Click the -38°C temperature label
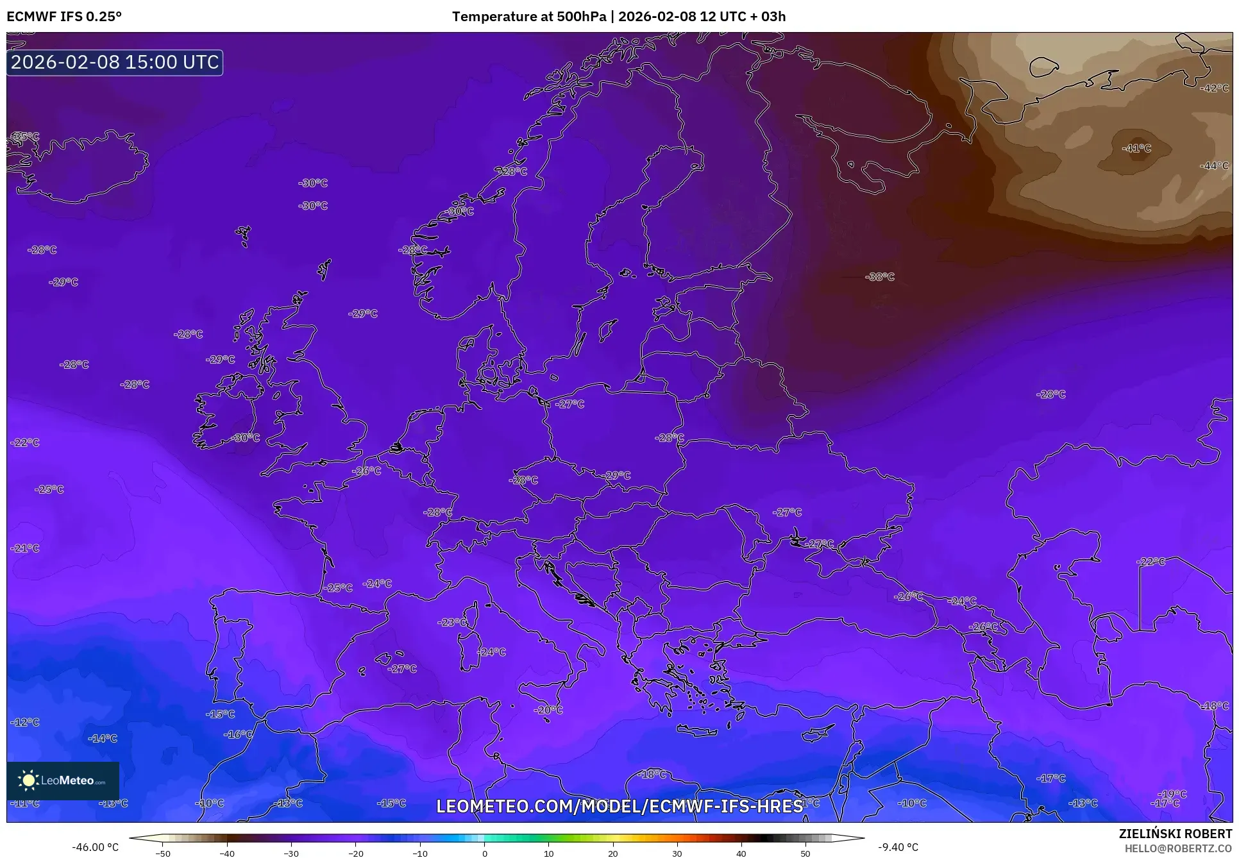(880, 277)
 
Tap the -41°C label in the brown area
(1136, 148)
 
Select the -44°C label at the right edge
(1215, 165)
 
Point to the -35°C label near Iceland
(24, 137)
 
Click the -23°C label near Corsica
(453, 622)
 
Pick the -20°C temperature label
(548, 710)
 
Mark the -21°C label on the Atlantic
(25, 548)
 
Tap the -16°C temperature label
(238, 734)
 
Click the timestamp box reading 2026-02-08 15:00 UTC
(115, 62)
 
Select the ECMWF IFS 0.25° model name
(64, 16)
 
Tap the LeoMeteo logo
(63, 780)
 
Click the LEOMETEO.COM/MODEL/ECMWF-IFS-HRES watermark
(619, 806)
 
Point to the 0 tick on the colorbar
(484, 854)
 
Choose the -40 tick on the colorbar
(227, 854)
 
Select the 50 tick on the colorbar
(805, 854)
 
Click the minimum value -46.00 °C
(95, 847)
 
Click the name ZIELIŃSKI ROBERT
(1176, 834)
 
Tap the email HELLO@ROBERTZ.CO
(1178, 848)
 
